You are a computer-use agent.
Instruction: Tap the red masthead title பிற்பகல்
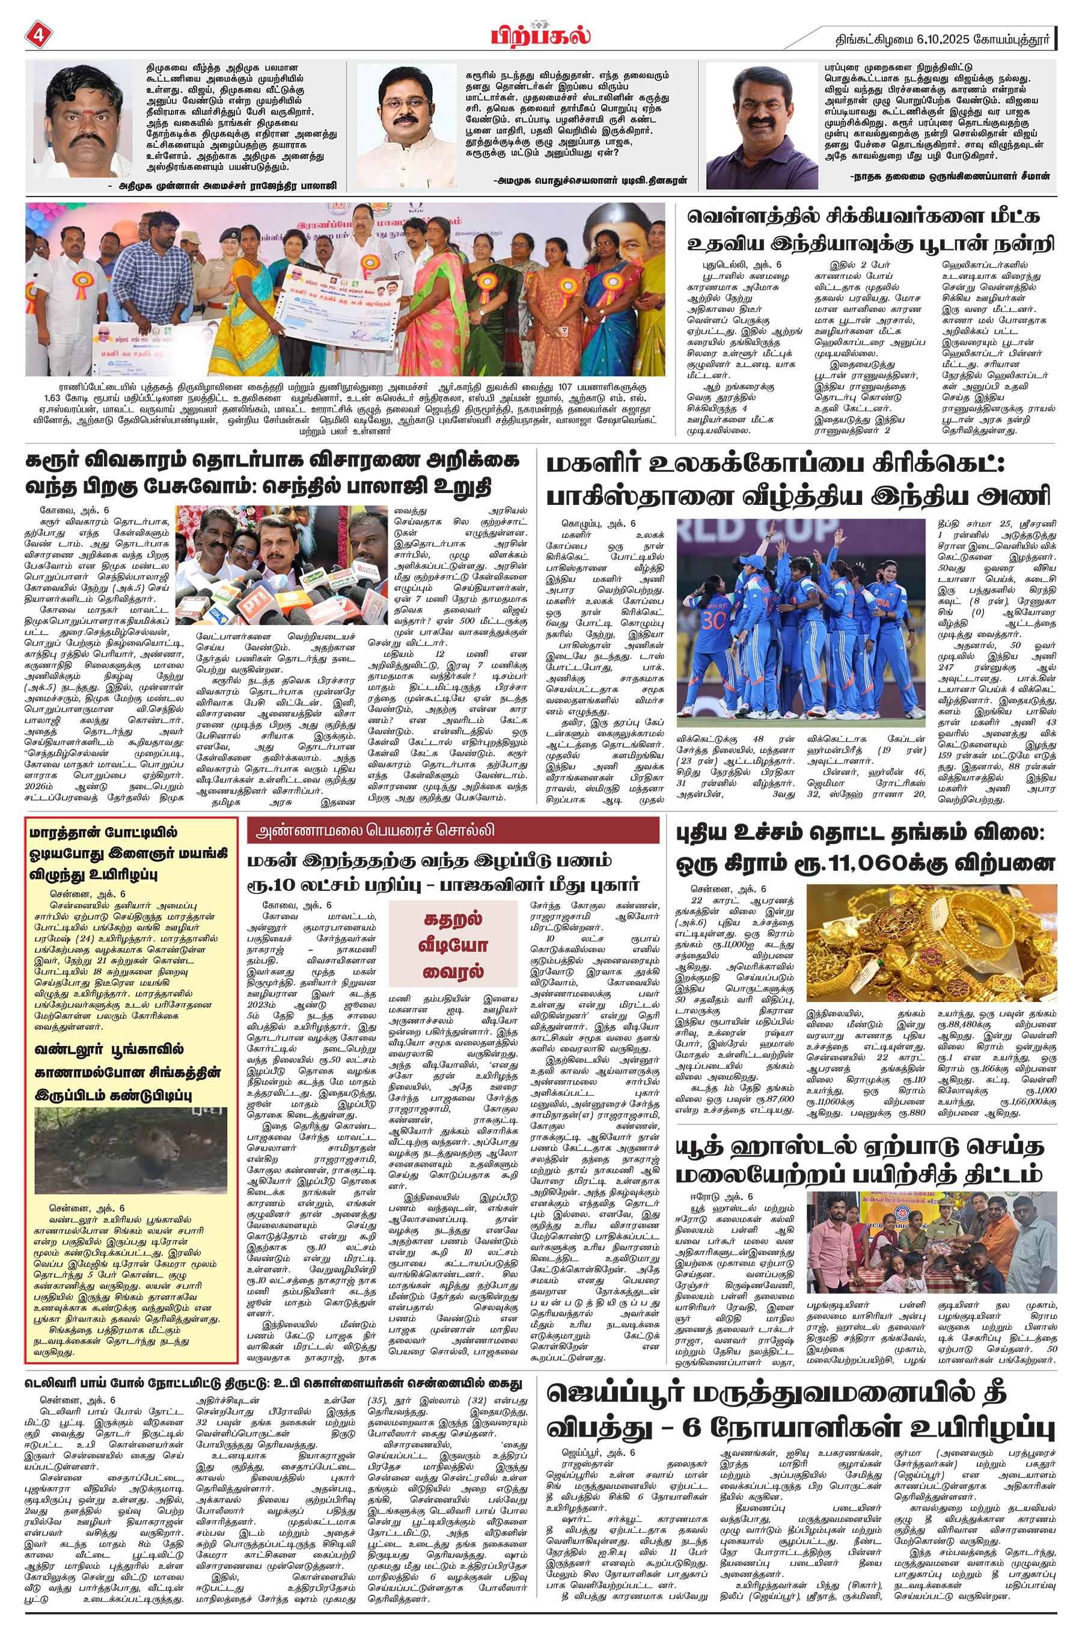540,34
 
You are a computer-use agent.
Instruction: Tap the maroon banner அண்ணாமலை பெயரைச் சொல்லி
453,830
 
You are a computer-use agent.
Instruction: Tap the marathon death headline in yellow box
130,854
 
